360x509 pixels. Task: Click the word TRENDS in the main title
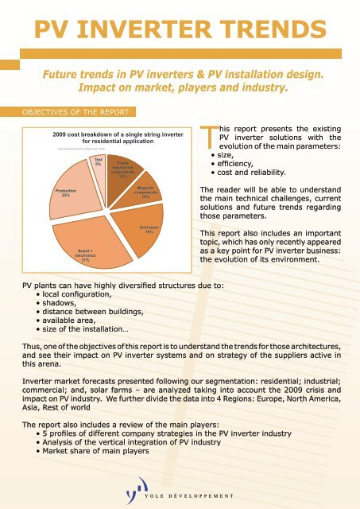point(265,30)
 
